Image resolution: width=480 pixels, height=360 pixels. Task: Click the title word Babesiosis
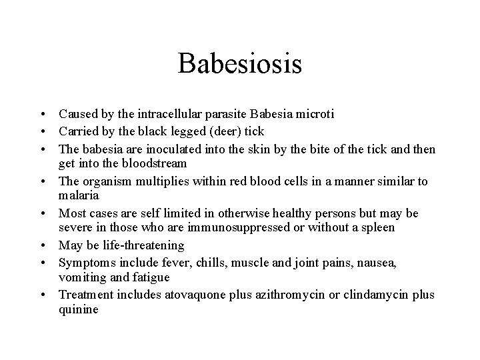[240, 65]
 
